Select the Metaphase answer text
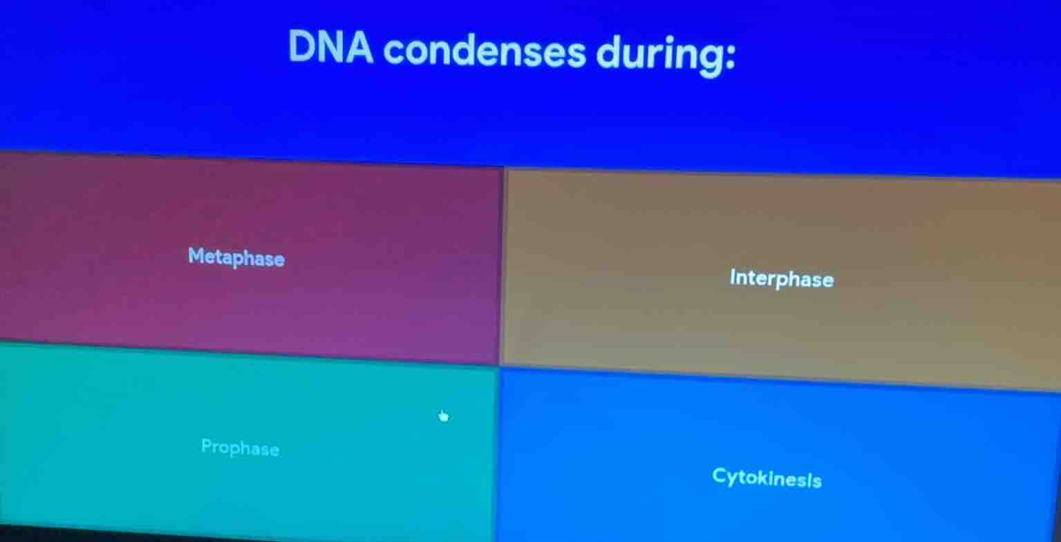pyautogui.click(x=236, y=258)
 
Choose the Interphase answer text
pyautogui.click(x=781, y=279)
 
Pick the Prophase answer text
pyautogui.click(x=240, y=447)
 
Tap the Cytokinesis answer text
pyautogui.click(x=767, y=477)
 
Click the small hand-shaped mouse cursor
pyautogui.click(x=443, y=416)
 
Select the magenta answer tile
pyautogui.click(x=249, y=304)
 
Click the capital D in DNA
pyautogui.click(x=301, y=46)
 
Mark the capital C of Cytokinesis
pyautogui.click(x=720, y=476)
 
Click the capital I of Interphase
pyautogui.click(x=733, y=278)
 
